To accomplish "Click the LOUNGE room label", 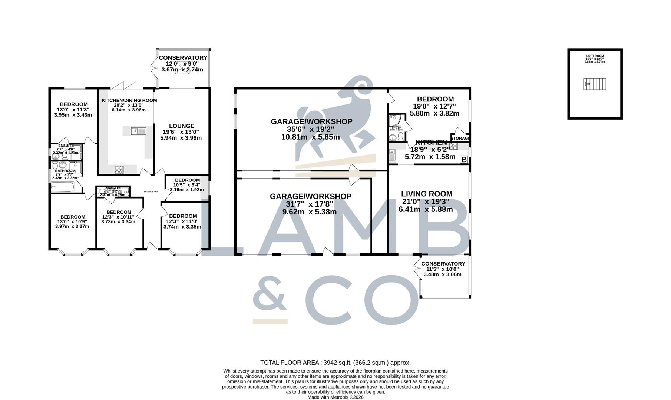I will click(x=182, y=126).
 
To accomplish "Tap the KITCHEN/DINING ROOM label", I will click(x=129, y=100).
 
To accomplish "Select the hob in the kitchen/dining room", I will click(x=119, y=170).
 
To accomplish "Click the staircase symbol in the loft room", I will click(x=595, y=84).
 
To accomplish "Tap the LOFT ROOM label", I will click(x=595, y=56).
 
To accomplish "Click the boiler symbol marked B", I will click(x=463, y=160).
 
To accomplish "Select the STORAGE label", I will click(x=460, y=138).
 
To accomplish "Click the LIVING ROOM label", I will click(x=427, y=194).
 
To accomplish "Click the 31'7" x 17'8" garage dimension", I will click(x=310, y=204).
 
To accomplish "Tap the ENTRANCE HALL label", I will click(x=151, y=191).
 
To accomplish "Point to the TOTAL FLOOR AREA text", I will click(x=335, y=363).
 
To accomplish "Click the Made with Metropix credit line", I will click(x=335, y=397).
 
